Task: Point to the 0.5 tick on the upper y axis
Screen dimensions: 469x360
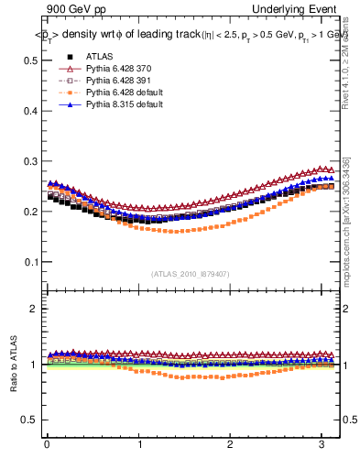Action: pos(30,60)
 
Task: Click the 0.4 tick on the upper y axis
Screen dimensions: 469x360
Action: pos(30,111)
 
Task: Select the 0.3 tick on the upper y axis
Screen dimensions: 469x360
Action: pos(30,161)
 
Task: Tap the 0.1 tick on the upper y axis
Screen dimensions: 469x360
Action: pos(30,262)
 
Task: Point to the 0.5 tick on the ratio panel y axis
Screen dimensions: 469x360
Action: pos(30,420)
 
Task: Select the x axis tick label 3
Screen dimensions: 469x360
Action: pos(322,445)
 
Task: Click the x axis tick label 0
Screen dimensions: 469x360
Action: pos(47,445)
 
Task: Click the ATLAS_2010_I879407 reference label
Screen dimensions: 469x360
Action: pos(191,274)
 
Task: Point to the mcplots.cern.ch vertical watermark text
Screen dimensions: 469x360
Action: pos(345,220)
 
